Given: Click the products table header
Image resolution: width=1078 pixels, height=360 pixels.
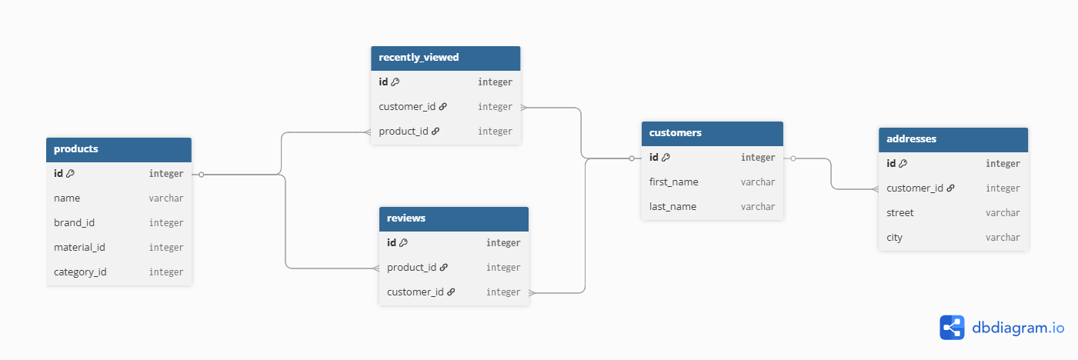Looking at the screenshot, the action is pos(118,149).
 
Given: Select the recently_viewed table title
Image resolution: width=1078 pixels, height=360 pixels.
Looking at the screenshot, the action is pos(419,57).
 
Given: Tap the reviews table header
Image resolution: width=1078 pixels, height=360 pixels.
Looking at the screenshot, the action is pos(454,218).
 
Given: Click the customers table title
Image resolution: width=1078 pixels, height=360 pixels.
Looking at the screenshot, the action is pos(676,133).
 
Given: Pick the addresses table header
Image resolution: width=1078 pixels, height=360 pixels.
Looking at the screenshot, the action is pos(953,139).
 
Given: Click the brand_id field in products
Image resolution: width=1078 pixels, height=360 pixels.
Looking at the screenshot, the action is pos(74,223).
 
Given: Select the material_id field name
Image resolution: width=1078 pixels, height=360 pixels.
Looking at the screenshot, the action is pos(79,248).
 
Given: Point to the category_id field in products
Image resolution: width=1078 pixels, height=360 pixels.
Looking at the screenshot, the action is pos(80,272).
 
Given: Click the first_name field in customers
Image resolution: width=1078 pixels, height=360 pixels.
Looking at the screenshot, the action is pos(674,182).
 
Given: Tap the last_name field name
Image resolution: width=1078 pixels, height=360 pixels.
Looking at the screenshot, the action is pos(672,206).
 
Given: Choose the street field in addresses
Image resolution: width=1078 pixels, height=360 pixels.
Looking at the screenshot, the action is pos(900,213).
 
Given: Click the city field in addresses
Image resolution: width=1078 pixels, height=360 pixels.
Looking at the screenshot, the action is pos(895,237).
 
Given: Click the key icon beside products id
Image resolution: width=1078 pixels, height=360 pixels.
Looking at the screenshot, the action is pos(70,173).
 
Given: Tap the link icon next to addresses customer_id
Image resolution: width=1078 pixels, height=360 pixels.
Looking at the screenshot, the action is pos(950,188).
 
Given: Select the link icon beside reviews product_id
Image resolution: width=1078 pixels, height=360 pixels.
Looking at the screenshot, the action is pos(444,267).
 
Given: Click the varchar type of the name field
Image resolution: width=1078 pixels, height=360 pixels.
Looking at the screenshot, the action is pos(166,198).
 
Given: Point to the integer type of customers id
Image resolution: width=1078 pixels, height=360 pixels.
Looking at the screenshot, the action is pos(758,158).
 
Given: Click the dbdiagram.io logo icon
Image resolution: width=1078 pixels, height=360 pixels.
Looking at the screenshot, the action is pos(952,328).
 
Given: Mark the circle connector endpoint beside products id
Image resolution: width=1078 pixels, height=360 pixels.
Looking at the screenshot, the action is pos(202,175).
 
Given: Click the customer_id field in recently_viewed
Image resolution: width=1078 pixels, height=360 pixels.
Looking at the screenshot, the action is pos(407,106).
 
